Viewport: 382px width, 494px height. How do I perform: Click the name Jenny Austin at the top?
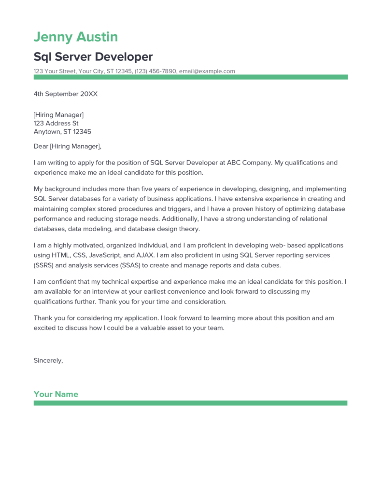point(76,37)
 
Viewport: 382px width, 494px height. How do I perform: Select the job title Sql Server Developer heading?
point(93,57)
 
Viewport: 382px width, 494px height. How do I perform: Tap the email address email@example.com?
point(207,71)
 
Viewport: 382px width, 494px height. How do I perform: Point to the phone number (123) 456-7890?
point(156,71)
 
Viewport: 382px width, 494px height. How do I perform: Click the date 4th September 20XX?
point(65,94)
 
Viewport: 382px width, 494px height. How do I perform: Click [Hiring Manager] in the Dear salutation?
point(75,146)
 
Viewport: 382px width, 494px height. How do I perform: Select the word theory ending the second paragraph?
point(188,229)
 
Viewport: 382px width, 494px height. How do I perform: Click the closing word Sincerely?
point(48,360)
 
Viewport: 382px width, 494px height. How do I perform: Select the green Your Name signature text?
point(56,394)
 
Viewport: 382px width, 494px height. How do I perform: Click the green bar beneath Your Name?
point(190,403)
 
